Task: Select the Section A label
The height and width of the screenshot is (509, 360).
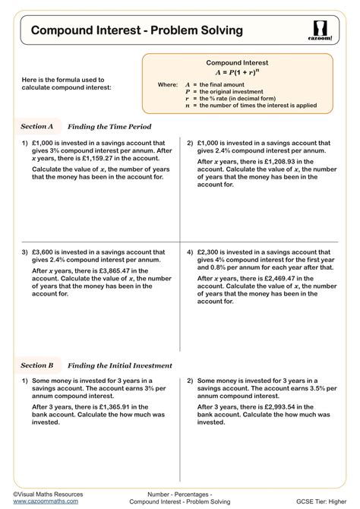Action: [36, 126]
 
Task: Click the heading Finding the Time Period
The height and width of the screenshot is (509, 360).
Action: [109, 126]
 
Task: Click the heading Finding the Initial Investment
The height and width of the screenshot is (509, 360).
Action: [120, 365]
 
